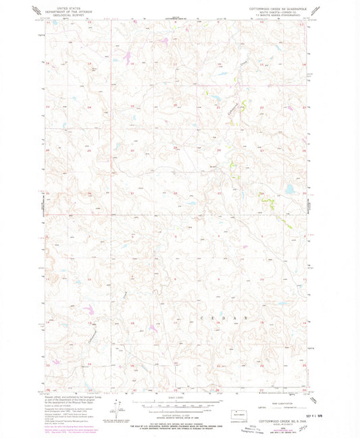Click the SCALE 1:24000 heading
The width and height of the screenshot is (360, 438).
pos(174,400)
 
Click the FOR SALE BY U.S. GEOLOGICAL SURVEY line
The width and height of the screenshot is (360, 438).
pos(174,421)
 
